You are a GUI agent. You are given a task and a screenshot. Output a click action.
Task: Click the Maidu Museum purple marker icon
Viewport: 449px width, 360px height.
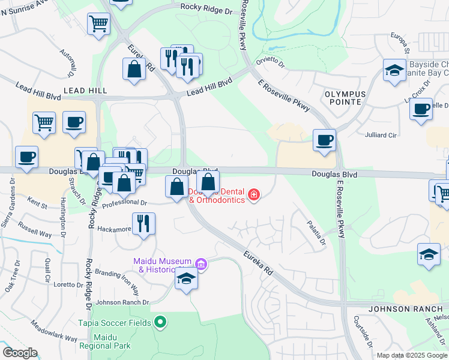point(201,264)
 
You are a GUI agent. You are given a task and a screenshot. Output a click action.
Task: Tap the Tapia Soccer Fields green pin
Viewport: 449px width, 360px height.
point(160,322)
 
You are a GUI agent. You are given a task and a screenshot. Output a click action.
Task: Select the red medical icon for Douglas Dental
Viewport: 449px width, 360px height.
point(255,195)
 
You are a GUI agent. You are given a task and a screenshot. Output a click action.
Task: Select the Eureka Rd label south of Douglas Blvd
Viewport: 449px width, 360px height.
point(258,263)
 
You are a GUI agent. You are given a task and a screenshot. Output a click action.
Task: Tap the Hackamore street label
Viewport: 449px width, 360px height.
point(113,229)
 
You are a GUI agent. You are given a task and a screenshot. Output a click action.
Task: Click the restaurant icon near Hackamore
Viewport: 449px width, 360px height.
point(143,224)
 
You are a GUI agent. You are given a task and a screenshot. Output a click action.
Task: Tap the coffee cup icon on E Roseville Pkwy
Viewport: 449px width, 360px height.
point(324,140)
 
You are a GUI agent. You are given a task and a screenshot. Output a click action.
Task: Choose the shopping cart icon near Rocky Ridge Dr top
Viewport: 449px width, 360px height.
point(98,24)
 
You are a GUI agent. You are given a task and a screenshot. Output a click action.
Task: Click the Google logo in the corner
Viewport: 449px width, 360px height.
point(19,353)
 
